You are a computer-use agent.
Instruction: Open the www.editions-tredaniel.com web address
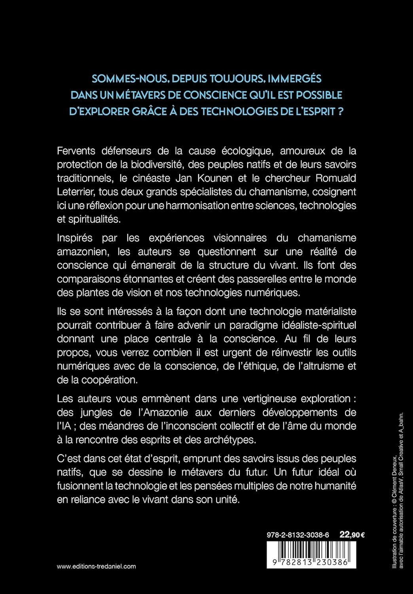pyautogui.click(x=96, y=566)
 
